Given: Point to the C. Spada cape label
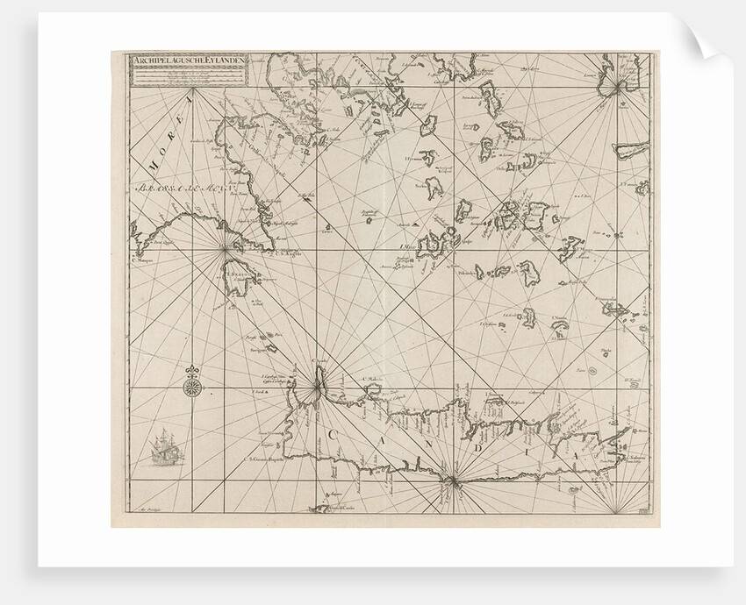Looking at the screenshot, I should click(318, 360).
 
